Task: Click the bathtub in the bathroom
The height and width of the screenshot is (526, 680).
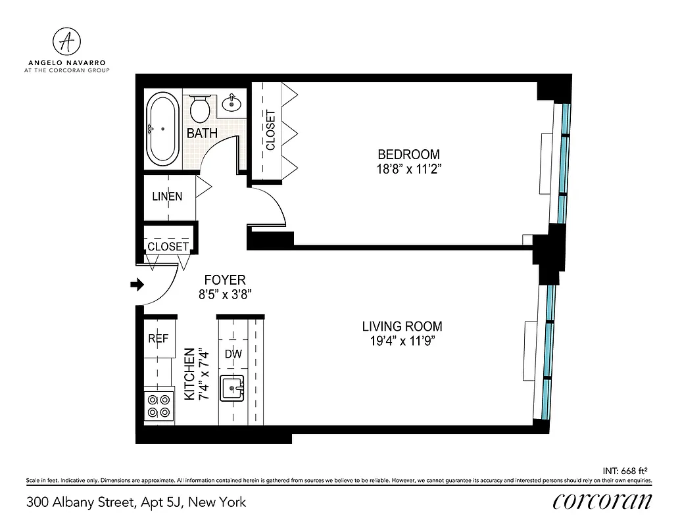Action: pos(162,130)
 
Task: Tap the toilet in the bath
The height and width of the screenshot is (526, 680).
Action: pos(200,107)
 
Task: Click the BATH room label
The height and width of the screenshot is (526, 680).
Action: pos(202,133)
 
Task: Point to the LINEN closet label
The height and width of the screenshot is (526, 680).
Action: pos(167,196)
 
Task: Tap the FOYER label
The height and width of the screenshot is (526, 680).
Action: pos(224,279)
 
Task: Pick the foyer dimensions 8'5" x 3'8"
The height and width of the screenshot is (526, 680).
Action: pos(224,294)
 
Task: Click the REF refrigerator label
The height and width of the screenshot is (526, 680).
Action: pos(158,339)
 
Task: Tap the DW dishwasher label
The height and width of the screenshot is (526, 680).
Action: pos(233,354)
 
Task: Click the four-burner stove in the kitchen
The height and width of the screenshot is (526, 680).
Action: pos(158,406)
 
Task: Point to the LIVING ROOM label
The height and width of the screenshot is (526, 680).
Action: pos(402,326)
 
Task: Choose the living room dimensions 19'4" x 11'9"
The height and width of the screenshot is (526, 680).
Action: pos(402,341)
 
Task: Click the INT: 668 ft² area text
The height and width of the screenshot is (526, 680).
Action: pos(625,470)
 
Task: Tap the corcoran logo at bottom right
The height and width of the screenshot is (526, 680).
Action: pos(602,501)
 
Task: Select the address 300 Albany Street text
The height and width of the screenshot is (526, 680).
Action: pos(136,502)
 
